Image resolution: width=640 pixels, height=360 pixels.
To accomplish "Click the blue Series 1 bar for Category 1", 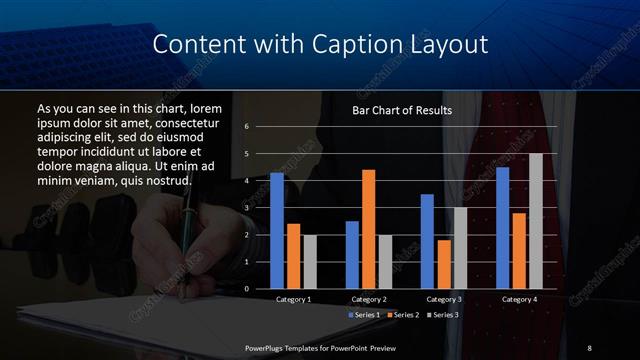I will coord(277,230).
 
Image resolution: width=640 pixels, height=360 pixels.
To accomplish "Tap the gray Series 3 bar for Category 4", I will coord(535,220).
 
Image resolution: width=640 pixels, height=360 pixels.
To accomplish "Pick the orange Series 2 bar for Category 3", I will coord(443,264).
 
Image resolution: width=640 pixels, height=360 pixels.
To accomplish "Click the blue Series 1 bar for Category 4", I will coord(502,227).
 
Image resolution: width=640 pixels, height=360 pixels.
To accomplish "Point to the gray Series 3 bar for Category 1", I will coord(310,261).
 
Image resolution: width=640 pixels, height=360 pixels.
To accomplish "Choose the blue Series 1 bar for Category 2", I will coord(352,254).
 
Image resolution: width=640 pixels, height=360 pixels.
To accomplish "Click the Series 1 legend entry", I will coord(364,315).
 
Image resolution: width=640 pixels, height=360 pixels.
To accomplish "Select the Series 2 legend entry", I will coord(402,315).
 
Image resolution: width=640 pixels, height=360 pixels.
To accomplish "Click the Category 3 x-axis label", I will coord(443,299).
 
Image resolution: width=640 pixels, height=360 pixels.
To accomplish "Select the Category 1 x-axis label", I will coord(293,299).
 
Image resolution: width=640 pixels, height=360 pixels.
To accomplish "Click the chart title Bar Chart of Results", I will coord(402,110).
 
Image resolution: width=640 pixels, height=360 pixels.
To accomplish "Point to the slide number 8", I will coord(589,346).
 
